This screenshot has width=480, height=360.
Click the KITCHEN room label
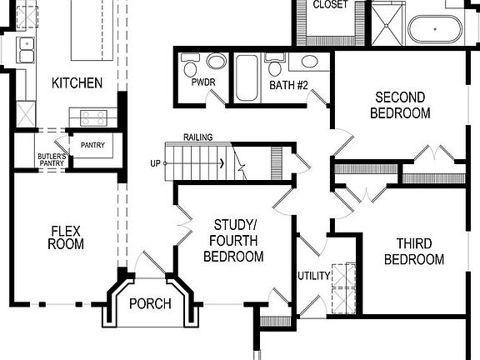pos(77,83)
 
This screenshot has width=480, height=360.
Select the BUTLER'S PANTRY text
pos(52,159)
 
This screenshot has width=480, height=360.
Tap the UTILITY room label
pos(315,276)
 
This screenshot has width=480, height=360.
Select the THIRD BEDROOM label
pos(419,252)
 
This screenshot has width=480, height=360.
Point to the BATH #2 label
pos(289,85)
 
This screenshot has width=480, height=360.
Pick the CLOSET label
pos(330,5)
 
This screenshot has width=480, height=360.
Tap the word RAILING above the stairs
pos(198,137)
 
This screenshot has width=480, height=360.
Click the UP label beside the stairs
pos(156,162)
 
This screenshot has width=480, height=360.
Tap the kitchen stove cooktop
pos(92,117)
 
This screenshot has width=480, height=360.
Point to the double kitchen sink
pos(25,49)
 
